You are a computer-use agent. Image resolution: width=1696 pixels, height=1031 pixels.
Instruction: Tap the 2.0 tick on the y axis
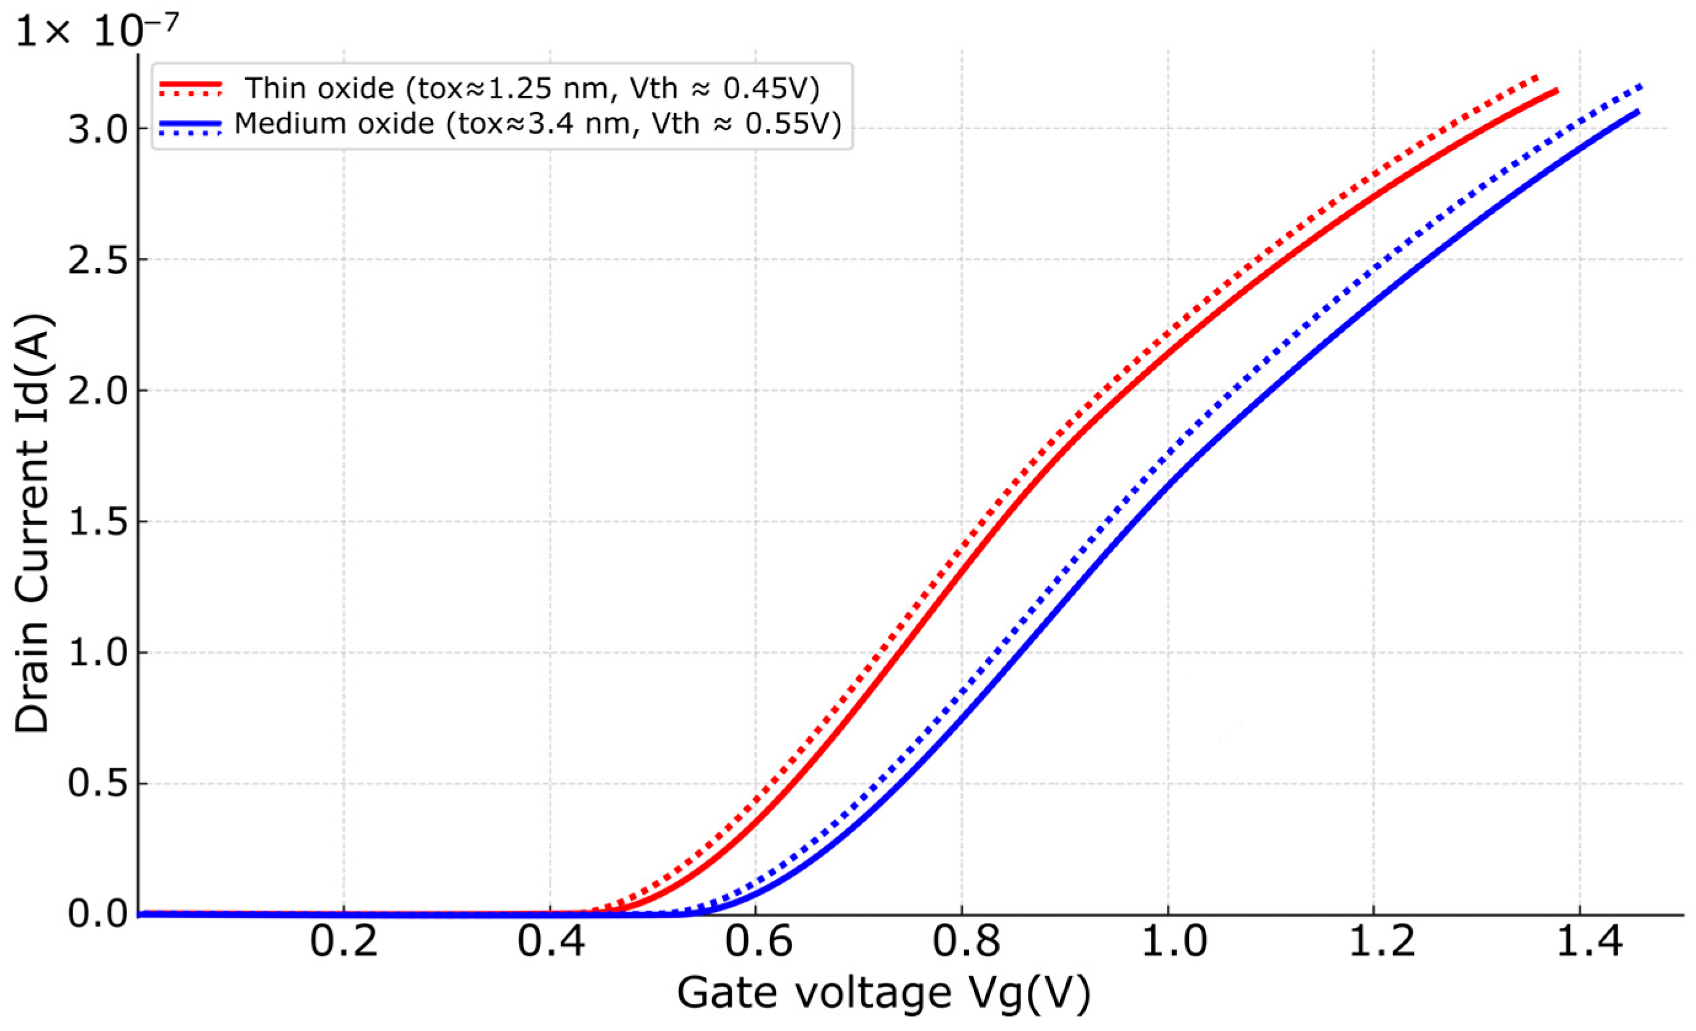[x=98, y=391]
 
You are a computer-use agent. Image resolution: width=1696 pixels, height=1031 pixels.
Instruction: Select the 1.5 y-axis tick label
[x=98, y=522]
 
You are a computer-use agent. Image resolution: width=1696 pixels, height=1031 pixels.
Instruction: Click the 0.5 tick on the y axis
[x=98, y=785]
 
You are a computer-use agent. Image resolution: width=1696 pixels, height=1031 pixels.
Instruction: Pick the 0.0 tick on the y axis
[x=98, y=915]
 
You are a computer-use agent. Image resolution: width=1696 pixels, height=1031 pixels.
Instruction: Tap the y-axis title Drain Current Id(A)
[x=33, y=523]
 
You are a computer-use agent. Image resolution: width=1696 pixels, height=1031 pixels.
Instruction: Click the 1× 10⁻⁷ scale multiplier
[x=96, y=31]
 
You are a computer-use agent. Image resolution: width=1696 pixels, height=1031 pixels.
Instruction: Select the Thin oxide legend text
[x=533, y=88]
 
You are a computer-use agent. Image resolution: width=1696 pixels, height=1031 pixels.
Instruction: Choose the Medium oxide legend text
[x=538, y=124]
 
